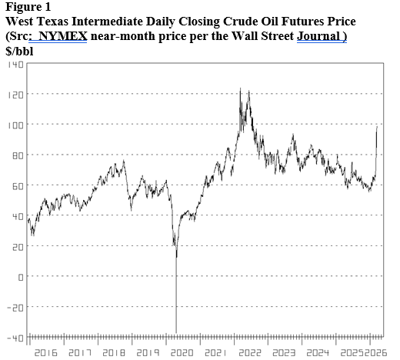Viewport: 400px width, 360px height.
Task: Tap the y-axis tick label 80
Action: point(15,155)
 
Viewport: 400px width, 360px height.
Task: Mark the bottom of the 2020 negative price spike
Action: point(176,332)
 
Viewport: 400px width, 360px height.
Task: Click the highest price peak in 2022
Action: point(240,89)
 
